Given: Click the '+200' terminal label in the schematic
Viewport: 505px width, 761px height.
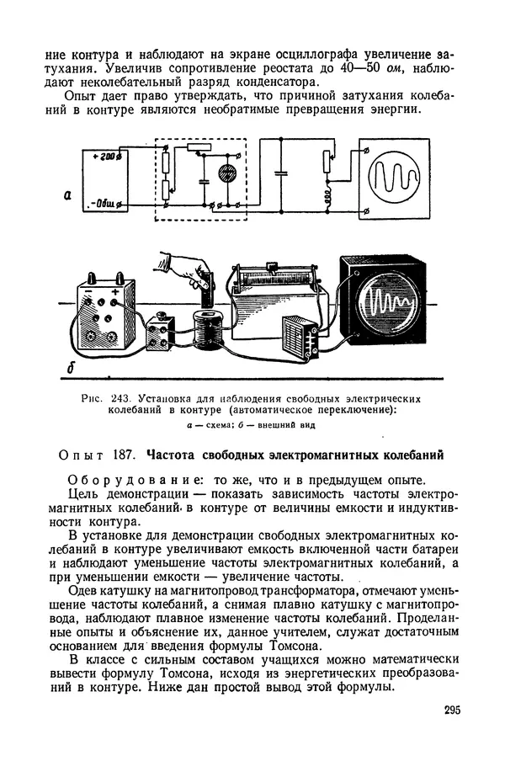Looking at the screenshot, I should [x=108, y=158].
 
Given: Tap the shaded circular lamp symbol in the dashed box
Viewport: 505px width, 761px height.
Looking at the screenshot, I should [x=226, y=174].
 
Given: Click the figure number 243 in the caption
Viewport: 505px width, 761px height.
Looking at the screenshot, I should [x=123, y=397].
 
